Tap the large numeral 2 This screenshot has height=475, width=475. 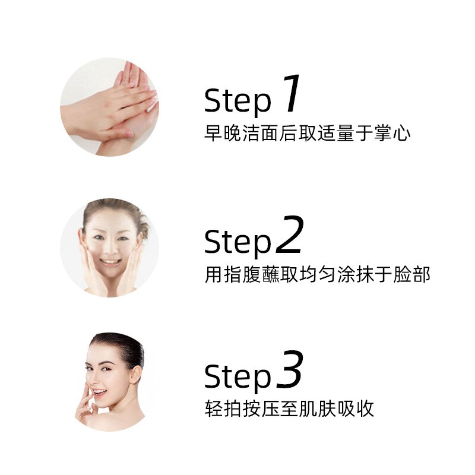pos(290,234)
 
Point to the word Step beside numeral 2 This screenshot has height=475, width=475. pos(237,242)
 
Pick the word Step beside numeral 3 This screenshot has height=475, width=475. pos(237,377)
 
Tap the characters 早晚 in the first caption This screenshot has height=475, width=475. pos(223,133)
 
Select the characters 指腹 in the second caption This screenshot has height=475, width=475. pos(242,274)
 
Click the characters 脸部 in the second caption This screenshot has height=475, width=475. pos(412,274)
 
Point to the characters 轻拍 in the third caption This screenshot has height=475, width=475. pos(223,408)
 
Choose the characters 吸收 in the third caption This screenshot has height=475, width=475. pos(356,408)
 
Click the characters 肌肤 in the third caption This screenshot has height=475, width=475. pos(318,408)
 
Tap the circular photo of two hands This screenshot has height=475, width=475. pos(109,107)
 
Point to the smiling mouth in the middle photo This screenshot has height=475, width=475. pos(110,261)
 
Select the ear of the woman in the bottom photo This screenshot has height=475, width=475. pos(135,375)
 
